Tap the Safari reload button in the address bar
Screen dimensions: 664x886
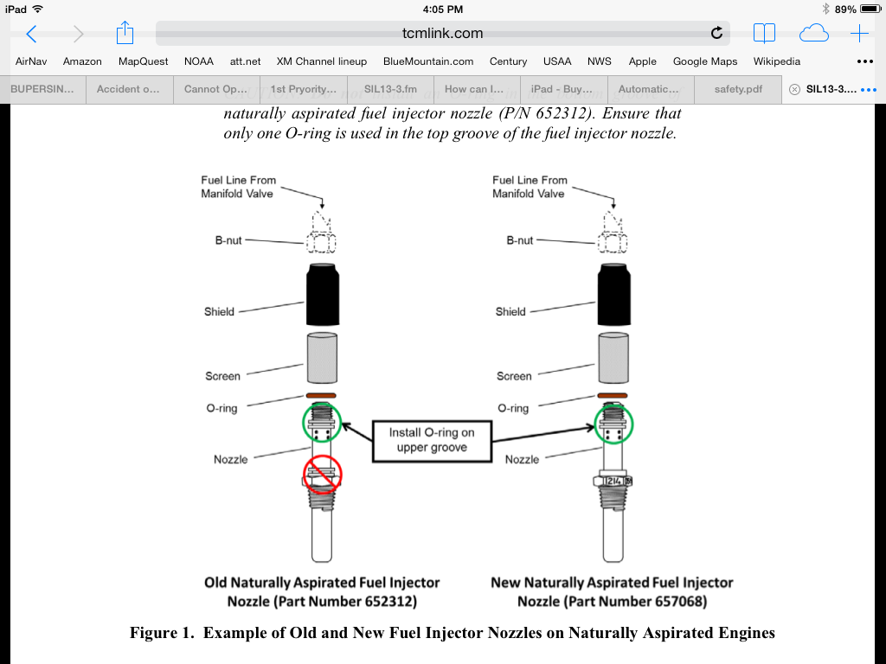716,34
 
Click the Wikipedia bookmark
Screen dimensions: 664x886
776,61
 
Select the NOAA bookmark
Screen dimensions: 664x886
199,61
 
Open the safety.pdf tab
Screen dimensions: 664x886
737,89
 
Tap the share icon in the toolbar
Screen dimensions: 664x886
125,34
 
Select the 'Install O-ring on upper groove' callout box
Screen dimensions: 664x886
432,440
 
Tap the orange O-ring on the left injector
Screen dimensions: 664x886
322,397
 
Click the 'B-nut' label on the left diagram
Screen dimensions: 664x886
228,240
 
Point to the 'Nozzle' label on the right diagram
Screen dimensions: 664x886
522,459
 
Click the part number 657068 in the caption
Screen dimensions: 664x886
673,601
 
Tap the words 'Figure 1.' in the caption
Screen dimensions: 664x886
163,633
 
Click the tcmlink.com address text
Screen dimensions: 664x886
443,34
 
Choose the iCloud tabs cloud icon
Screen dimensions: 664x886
813,34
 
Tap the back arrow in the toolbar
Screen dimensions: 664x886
31,34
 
